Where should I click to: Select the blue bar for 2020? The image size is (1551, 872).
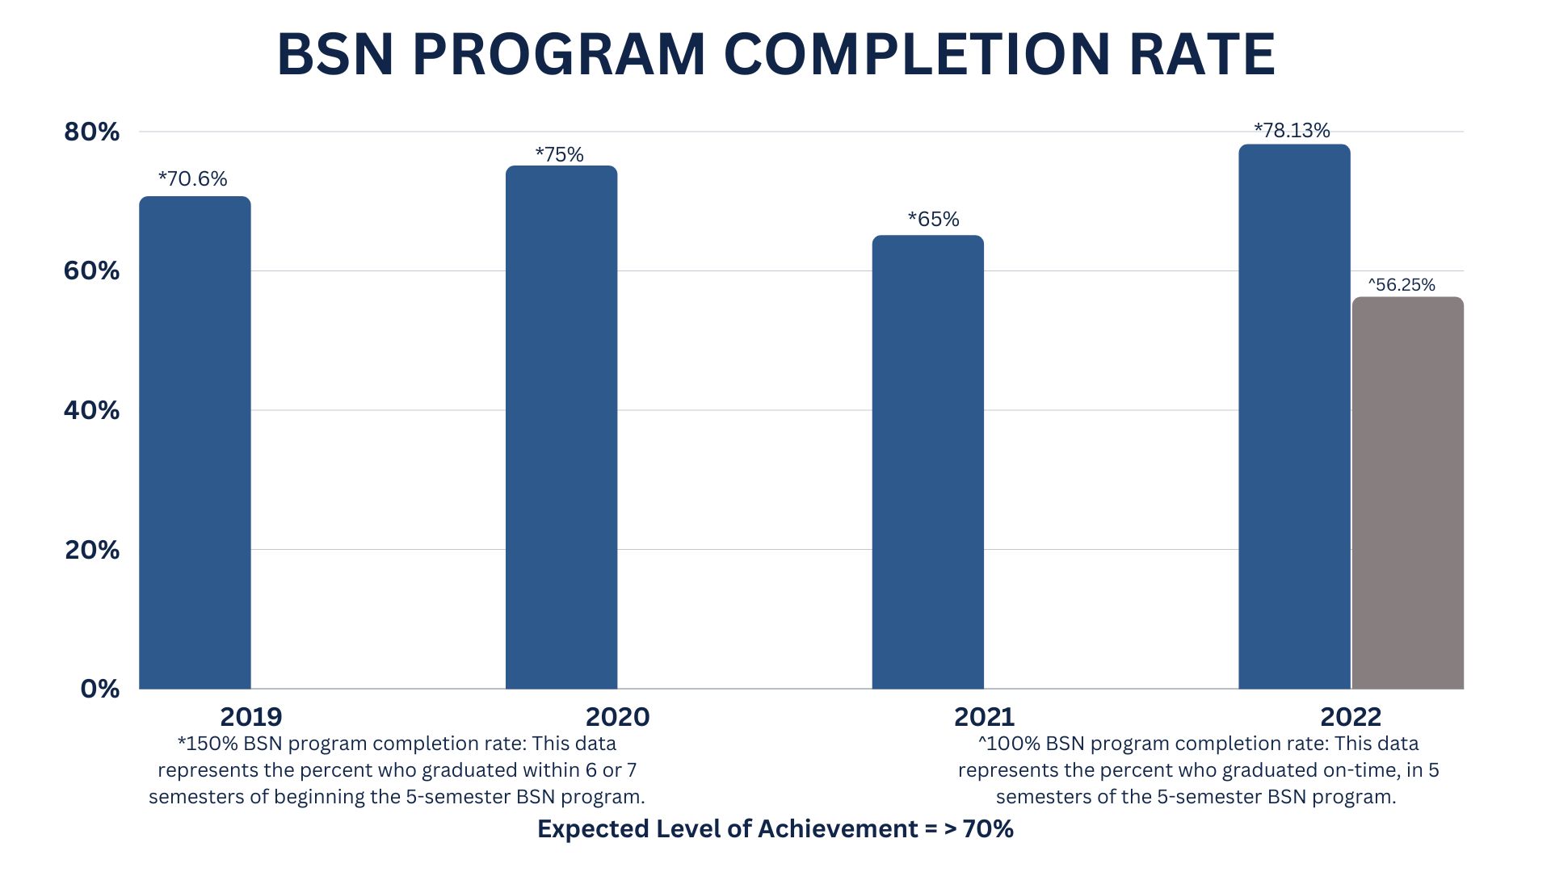click(x=561, y=427)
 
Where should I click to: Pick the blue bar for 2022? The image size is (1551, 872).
click(x=1294, y=417)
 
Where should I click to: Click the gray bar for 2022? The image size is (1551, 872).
click(x=1408, y=493)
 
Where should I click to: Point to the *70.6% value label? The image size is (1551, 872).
click(x=192, y=178)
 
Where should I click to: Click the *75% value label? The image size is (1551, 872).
click(x=559, y=154)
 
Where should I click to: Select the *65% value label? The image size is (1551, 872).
click(x=933, y=219)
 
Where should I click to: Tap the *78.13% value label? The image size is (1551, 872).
click(x=1292, y=130)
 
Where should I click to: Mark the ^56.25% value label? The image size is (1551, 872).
click(x=1402, y=284)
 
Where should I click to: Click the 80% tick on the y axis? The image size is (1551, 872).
click(x=91, y=132)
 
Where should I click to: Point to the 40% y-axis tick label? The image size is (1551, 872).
click(x=91, y=410)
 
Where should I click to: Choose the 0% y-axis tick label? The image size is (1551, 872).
click(x=100, y=689)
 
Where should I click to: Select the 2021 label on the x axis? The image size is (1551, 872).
click(x=984, y=716)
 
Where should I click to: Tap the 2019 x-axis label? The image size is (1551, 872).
click(x=251, y=716)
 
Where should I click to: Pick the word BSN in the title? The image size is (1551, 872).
click(x=335, y=54)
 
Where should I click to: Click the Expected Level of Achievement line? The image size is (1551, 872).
click(x=775, y=828)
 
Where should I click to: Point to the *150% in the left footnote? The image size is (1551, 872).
click(x=207, y=743)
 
